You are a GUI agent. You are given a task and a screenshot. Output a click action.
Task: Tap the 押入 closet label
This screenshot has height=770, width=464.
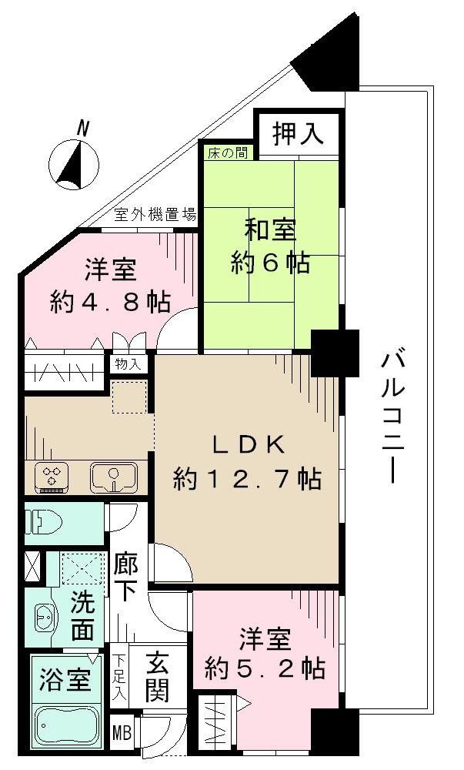tap(297, 135)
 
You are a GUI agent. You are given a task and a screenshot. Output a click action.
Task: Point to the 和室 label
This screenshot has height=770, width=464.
tap(271, 229)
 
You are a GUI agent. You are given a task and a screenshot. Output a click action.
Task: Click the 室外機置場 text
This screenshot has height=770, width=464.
tap(155, 215)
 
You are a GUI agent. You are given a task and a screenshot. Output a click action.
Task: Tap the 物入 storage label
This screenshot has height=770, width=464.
tap(129, 364)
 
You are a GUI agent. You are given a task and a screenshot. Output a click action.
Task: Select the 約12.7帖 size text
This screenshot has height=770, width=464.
tap(247, 480)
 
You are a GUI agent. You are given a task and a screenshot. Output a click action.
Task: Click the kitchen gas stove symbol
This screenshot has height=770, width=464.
tap(52, 477)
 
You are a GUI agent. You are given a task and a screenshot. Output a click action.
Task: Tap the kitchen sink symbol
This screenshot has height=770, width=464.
tap(113, 478)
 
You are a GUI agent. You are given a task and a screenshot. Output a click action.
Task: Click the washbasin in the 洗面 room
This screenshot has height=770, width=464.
tap(45, 617)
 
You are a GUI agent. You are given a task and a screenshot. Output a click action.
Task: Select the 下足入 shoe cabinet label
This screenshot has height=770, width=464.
tap(121, 675)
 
